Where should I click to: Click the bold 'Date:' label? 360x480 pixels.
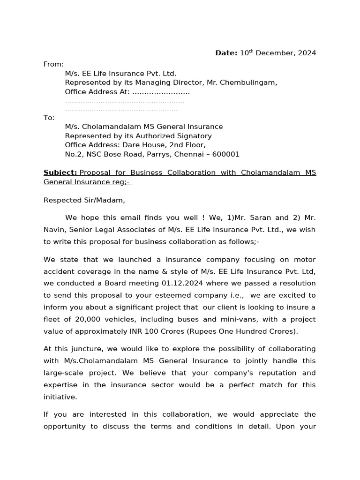pyautogui.click(x=226, y=53)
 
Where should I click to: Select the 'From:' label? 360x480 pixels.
pyautogui.click(x=53, y=64)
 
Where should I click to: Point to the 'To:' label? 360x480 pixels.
pyautogui.click(x=49, y=118)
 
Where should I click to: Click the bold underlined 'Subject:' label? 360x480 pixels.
pyautogui.click(x=60, y=172)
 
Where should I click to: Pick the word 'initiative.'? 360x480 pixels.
pyautogui.click(x=60, y=397)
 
